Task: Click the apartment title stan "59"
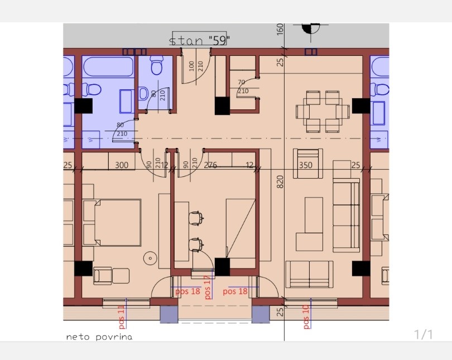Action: tap(199, 40)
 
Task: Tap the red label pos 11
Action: tap(122, 317)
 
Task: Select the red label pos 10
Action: tap(306, 317)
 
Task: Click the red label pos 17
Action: tap(208, 287)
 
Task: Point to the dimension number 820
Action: tap(280, 182)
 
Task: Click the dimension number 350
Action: tap(306, 165)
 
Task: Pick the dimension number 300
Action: tap(122, 165)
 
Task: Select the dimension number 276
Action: tap(210, 165)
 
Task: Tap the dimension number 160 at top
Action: tap(280, 30)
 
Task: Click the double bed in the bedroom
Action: tap(112, 222)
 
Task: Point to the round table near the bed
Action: tap(151, 258)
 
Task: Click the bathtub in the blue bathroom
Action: tap(109, 66)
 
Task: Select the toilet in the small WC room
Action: tap(157, 65)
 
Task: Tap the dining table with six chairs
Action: tap(323, 112)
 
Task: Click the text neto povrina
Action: tap(99, 337)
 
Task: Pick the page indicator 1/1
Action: tap(424, 335)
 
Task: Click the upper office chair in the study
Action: tap(196, 218)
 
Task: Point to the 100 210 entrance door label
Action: tap(196, 66)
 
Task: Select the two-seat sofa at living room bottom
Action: tap(309, 274)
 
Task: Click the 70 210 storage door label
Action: tap(243, 87)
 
